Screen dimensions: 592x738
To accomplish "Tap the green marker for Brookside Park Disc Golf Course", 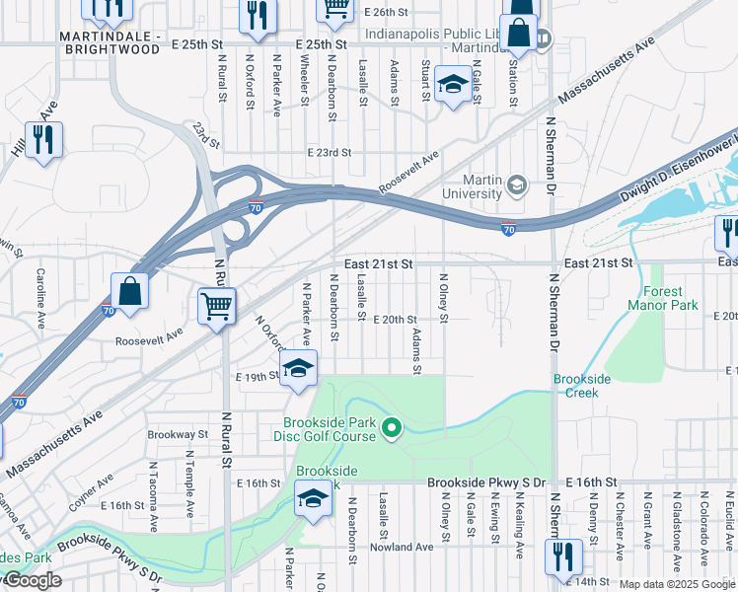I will pyautogui.click(x=392, y=428).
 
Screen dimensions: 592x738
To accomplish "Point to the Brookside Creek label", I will pyautogui.click(x=582, y=386).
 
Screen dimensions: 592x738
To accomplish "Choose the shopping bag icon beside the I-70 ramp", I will pyautogui.click(x=129, y=291).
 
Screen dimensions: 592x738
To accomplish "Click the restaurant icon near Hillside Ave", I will pyautogui.click(x=42, y=140).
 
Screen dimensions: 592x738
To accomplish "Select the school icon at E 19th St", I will pyautogui.click(x=299, y=370).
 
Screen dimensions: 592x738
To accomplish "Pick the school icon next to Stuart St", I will pyautogui.click(x=453, y=85).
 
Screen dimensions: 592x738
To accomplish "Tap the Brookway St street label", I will pyautogui.click(x=178, y=434).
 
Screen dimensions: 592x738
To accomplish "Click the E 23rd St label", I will pyautogui.click(x=329, y=153).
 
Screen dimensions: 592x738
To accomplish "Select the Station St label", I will pyautogui.click(x=512, y=83).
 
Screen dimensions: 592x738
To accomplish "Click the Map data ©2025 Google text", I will pyautogui.click(x=677, y=584).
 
